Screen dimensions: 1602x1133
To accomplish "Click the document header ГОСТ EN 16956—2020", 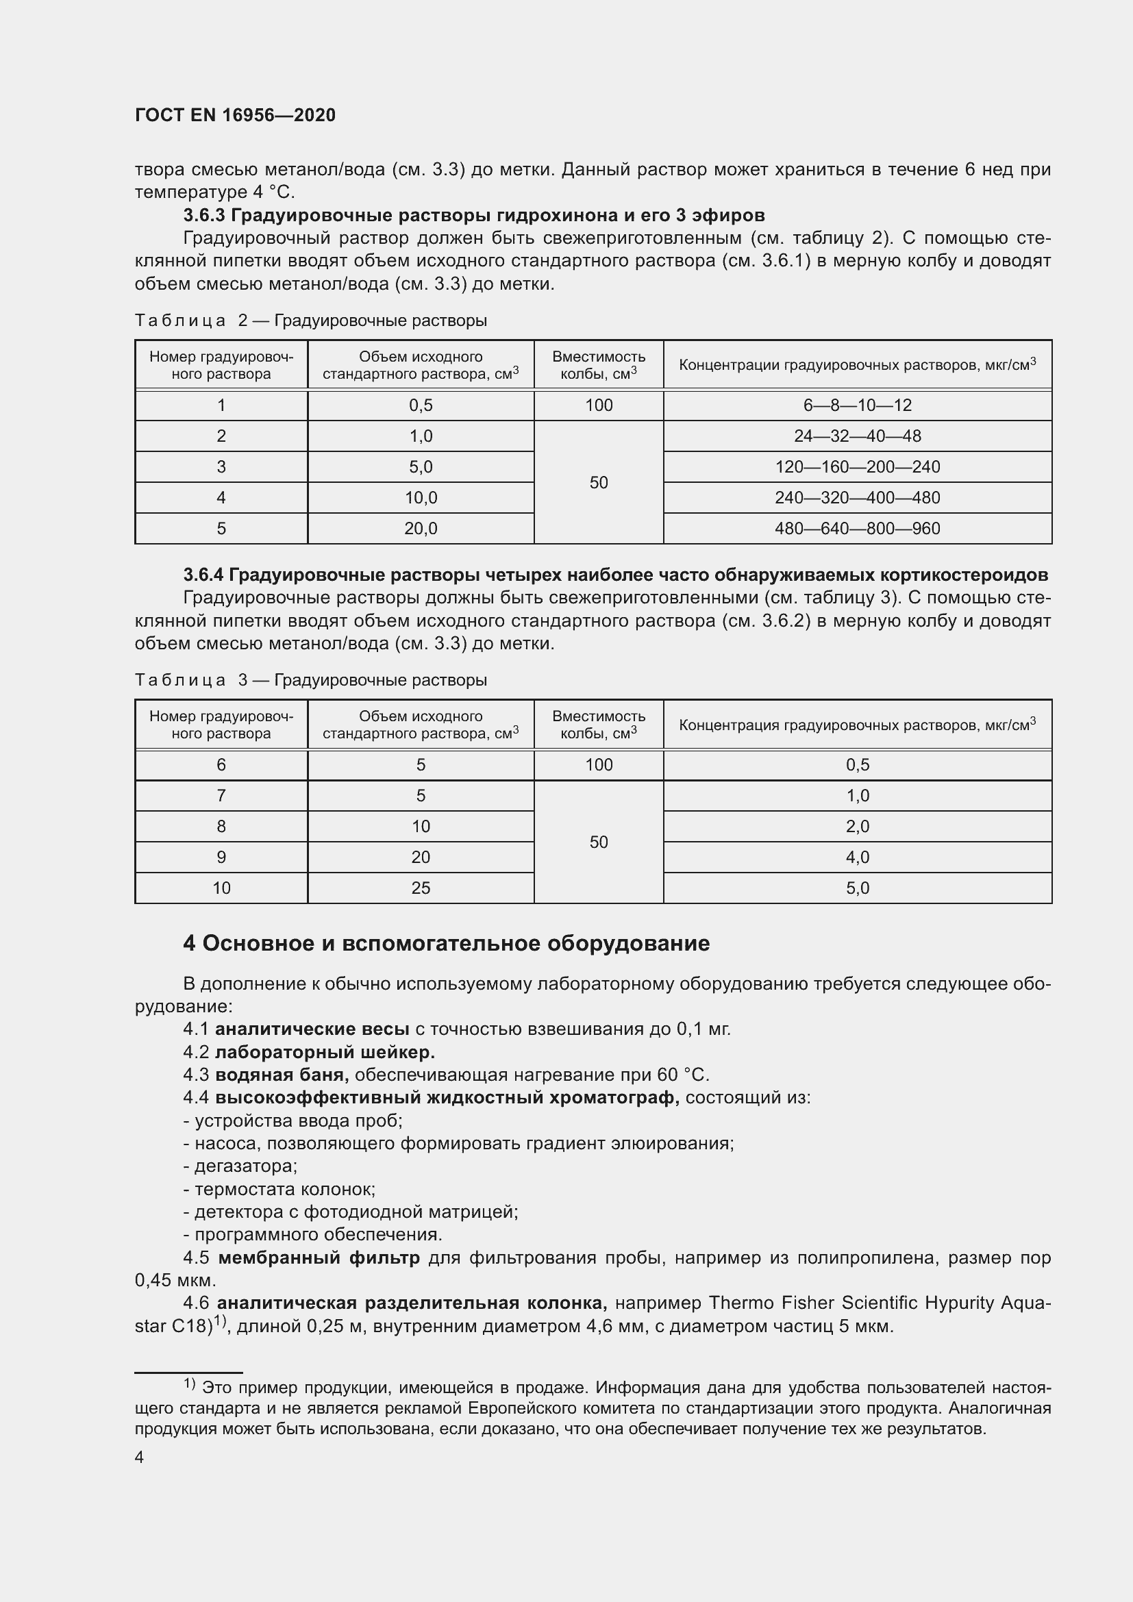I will pyautogui.click(x=235, y=115).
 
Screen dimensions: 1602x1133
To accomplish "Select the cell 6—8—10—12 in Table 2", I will pyautogui.click(x=857, y=405).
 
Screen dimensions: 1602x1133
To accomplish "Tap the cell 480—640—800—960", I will pyautogui.click(x=857, y=528).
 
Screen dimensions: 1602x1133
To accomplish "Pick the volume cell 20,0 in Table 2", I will pyautogui.click(x=421, y=528).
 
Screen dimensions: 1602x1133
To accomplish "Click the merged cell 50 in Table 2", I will pyautogui.click(x=599, y=482).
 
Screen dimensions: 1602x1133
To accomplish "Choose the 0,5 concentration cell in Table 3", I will pyautogui.click(x=857, y=765).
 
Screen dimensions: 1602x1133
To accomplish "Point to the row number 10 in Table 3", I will pyautogui.click(x=221, y=888).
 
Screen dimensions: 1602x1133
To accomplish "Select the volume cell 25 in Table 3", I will pyautogui.click(x=421, y=888).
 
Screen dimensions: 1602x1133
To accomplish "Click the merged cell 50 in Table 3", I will pyautogui.click(x=599, y=842).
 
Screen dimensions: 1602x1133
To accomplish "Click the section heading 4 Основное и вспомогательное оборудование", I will pyautogui.click(x=447, y=943).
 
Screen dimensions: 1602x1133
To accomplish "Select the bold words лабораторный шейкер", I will pyautogui.click(x=325, y=1052).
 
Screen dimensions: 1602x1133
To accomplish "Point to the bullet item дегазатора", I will pyautogui.click(x=241, y=1166).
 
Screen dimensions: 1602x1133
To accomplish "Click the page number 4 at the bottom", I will pyautogui.click(x=140, y=1457).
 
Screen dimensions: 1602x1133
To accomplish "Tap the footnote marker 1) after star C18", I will pyautogui.click(x=221, y=1321).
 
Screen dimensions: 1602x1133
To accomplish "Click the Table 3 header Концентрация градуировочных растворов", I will pyautogui.click(x=857, y=725).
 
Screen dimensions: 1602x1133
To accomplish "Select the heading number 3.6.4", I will pyautogui.click(x=203, y=575).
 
